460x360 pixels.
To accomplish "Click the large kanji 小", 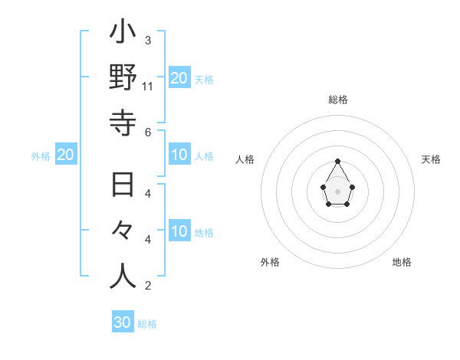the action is (123, 34).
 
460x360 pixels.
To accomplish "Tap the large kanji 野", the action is (123, 79).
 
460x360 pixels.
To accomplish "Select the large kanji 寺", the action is (123, 122).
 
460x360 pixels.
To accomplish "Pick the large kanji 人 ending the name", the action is (123, 275).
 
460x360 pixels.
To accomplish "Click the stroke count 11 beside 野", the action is (149, 86).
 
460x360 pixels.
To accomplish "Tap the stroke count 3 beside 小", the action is (148, 40).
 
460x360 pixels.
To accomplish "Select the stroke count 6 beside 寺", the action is (148, 132).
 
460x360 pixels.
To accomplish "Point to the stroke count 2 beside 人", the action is (148, 286).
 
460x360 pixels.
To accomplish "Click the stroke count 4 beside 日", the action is (148, 193).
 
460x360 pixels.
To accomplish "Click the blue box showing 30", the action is (123, 322).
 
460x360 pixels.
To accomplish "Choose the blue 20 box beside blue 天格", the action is (179, 77).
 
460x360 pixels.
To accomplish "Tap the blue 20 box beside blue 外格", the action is (66, 155).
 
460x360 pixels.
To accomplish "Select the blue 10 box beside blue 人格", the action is (179, 155).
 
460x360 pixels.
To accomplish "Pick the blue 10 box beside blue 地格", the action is (179, 231).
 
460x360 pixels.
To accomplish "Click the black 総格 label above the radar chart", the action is (338, 100).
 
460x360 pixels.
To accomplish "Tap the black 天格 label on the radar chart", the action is (432, 159).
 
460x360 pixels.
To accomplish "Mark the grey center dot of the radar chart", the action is (337, 191).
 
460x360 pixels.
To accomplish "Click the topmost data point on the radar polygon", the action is (337, 161).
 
